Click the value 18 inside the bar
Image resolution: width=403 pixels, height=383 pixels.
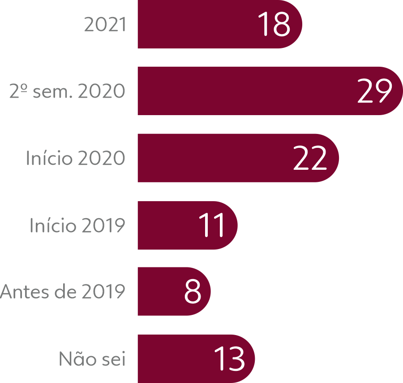[274, 25]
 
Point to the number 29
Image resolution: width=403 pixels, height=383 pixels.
[374, 91]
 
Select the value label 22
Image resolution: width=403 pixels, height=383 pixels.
[310, 158]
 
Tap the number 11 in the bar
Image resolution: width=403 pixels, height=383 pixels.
[212, 225]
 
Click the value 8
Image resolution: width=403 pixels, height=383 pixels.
[193, 292]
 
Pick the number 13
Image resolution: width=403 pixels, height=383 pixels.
[229, 358]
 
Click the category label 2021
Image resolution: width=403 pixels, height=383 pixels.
[105, 25]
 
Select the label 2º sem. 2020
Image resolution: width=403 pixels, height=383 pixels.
[67, 91]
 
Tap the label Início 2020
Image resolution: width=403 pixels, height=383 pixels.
[75, 159]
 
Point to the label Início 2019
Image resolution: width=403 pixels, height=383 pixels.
[77, 225]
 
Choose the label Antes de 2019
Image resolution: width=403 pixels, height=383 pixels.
[63, 292]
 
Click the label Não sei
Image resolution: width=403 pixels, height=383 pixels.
[92, 359]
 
